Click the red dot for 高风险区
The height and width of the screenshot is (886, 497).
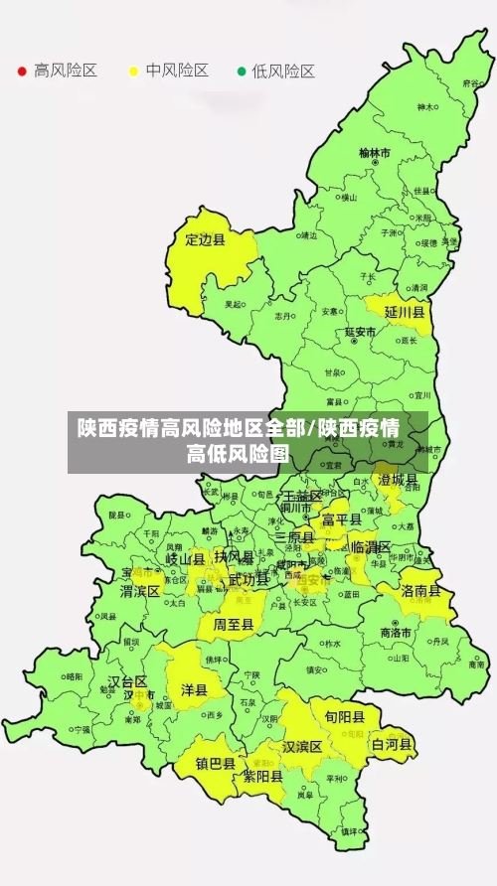pos(22,71)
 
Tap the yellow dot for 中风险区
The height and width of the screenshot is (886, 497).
pos(132,71)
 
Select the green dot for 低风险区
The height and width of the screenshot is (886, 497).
pos(241,71)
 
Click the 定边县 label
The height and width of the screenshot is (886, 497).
pos(206,239)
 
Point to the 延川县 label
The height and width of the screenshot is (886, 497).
pos(406,312)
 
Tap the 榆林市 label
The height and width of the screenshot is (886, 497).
pos(375,153)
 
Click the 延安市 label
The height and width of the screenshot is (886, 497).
pos(360,331)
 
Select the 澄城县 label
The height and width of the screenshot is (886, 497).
pos(398,480)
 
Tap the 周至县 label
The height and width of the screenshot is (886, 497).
pos(234,624)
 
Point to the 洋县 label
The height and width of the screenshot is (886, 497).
pos(194,688)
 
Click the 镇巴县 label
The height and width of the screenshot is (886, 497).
pos(215,764)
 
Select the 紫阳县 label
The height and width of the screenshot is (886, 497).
pos(263,777)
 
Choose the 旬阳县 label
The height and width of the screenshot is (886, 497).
pos(344,716)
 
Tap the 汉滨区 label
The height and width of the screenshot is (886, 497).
pos(302,746)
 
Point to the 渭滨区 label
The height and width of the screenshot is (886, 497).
pos(140,590)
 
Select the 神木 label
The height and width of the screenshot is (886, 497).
pos(426,107)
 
